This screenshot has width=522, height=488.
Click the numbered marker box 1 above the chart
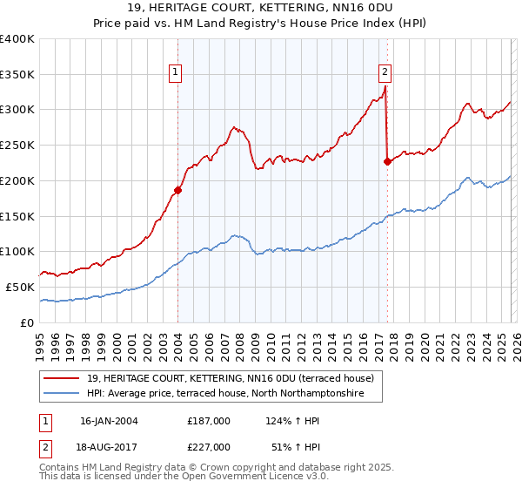click(x=177, y=72)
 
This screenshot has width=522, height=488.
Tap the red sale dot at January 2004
click(x=177, y=189)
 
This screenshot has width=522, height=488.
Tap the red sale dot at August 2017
click(x=387, y=161)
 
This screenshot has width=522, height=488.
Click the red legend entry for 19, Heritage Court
click(x=230, y=378)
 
